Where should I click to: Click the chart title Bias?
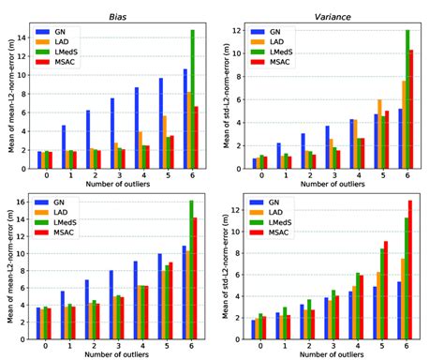tap(116, 7)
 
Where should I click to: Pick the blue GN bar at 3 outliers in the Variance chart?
tap(328, 146)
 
